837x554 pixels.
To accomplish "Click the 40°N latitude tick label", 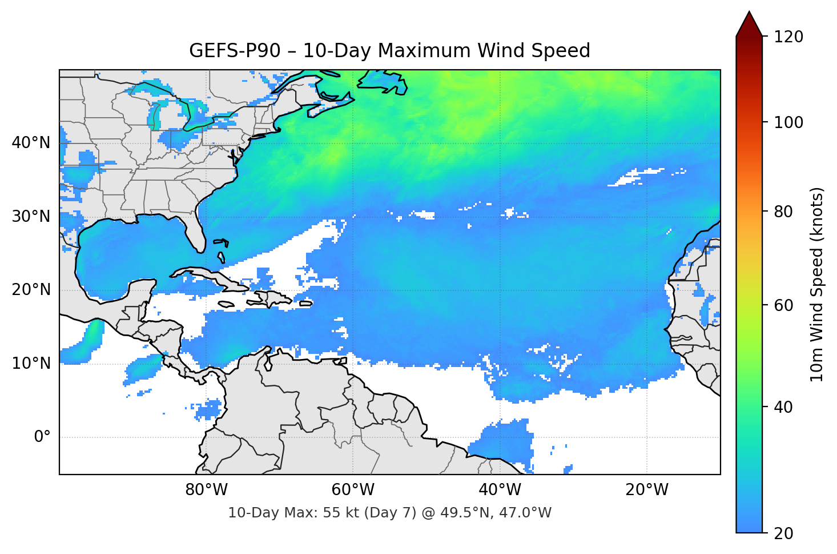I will (31, 143).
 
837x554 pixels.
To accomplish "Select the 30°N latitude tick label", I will (31, 217).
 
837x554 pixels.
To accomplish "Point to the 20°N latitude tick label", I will (31, 290).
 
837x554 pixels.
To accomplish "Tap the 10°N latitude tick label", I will (31, 364).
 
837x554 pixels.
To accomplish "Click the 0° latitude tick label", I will (42, 437).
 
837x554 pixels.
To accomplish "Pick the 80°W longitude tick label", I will (206, 490).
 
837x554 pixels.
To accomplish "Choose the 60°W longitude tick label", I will (353, 490).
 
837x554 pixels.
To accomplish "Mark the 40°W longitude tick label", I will (500, 490).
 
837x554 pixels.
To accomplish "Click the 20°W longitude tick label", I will (646, 490).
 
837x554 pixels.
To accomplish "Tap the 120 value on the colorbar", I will (788, 37).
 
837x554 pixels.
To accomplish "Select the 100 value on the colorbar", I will (788, 122).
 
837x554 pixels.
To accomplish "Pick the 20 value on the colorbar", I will (784, 533).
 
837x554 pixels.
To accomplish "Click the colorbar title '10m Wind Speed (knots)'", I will (817, 284).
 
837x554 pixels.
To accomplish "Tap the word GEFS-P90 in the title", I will (235, 51).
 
